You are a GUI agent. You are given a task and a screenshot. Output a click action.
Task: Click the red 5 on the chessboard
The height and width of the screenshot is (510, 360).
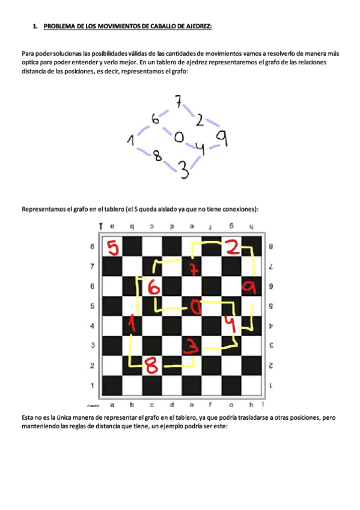pos(112,247)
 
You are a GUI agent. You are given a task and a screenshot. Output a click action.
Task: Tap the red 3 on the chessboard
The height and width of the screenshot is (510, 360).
pos(191,345)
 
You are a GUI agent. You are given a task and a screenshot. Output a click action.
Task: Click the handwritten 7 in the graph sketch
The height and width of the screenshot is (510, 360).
pos(178,102)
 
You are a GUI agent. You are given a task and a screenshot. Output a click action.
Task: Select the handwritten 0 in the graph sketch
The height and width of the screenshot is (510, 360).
pos(178,138)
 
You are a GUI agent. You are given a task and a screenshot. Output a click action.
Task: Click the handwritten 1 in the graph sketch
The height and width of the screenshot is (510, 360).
pos(130,141)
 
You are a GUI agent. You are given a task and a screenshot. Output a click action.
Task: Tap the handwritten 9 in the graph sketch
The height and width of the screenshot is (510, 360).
pos(221,139)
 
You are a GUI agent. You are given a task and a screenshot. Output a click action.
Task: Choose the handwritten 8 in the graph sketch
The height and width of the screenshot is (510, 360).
pos(157,156)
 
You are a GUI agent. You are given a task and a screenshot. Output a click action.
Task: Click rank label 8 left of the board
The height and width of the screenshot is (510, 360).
pos(92,247)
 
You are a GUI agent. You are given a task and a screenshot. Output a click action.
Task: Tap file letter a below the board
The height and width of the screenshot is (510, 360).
pos(112,405)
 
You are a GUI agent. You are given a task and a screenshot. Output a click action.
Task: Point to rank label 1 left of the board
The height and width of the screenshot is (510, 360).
pos(92,385)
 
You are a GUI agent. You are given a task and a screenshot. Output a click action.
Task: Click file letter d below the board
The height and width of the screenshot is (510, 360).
pos(172,405)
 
